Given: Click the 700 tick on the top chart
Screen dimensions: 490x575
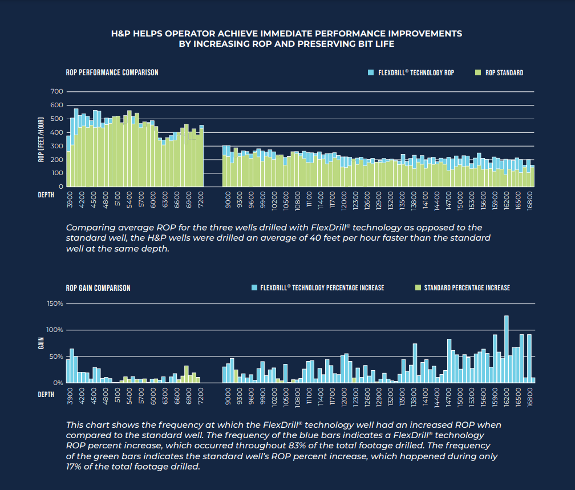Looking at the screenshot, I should [x=56, y=91].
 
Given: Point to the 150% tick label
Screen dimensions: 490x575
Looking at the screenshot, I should [x=55, y=303].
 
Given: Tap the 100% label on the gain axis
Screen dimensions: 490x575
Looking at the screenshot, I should [x=55, y=330].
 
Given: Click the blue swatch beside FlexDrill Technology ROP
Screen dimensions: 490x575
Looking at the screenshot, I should [x=370, y=73].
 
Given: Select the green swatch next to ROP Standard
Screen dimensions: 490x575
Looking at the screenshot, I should [x=477, y=73].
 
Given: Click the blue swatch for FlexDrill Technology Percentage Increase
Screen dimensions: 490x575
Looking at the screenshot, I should [x=254, y=288].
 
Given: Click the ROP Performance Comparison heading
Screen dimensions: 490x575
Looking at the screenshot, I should [x=112, y=72].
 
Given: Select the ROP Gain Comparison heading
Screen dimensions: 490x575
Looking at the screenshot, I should [x=98, y=288].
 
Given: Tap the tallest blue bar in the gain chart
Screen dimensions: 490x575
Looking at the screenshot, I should [x=506, y=349].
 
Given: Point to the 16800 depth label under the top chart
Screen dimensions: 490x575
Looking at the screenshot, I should [x=531, y=203].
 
